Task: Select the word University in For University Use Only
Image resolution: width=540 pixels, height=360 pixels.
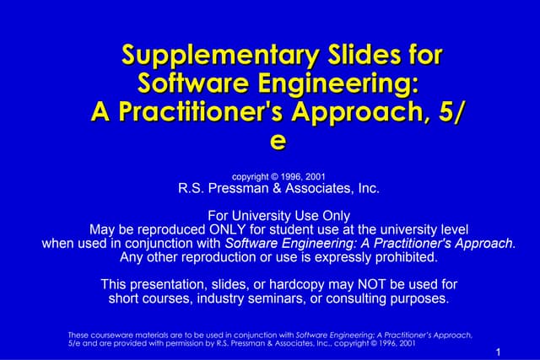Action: point(266,215)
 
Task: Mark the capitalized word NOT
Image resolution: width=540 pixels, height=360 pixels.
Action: point(375,284)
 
